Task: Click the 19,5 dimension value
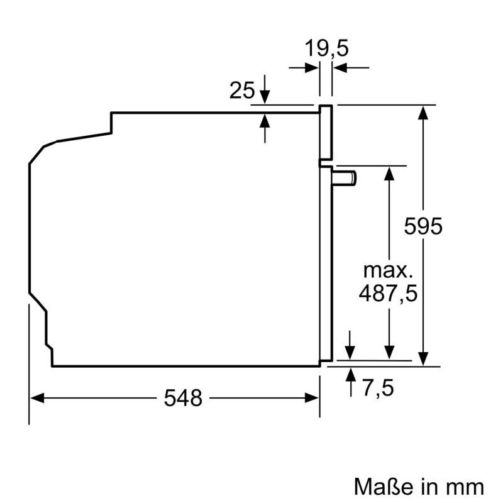[x=326, y=48]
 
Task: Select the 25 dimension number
[x=241, y=91]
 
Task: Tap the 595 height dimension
[x=423, y=226]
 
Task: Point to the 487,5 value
[x=388, y=293]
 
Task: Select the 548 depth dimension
[x=184, y=397]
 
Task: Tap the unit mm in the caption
[x=468, y=486]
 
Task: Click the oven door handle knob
[x=346, y=179]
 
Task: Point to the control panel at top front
[x=326, y=132]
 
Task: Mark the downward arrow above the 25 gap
[x=265, y=96]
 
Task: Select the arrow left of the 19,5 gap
[x=310, y=67]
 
